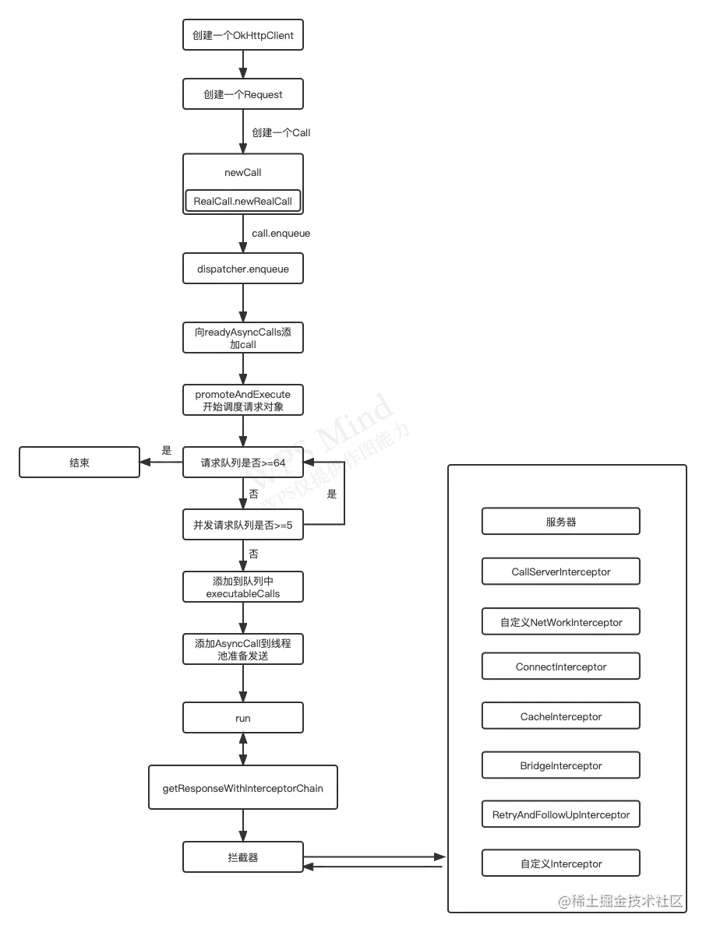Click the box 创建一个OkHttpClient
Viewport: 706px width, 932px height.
[242, 36]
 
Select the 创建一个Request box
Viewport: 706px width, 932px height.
[242, 94]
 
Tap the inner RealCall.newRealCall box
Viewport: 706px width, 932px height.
[242, 201]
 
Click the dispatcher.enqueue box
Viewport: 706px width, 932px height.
[242, 269]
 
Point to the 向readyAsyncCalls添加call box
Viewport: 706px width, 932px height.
[242, 338]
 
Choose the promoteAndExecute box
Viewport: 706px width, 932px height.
[242, 400]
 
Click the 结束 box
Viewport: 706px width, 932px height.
[79, 462]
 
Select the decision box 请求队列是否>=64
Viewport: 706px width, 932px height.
[242, 462]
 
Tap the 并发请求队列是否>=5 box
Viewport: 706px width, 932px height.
[242, 525]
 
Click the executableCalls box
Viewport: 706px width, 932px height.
[242, 587]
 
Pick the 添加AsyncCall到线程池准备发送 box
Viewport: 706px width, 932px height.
[242, 649]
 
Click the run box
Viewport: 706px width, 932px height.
[242, 718]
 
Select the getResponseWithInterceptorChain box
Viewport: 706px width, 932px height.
[242, 788]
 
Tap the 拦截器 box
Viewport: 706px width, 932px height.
[242, 857]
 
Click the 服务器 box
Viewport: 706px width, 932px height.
[560, 522]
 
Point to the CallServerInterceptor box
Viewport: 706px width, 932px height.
[560, 572]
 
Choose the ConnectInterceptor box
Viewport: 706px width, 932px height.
[560, 666]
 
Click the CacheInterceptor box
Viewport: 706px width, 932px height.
[560, 716]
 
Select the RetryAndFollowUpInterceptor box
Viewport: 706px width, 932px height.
[560, 814]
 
